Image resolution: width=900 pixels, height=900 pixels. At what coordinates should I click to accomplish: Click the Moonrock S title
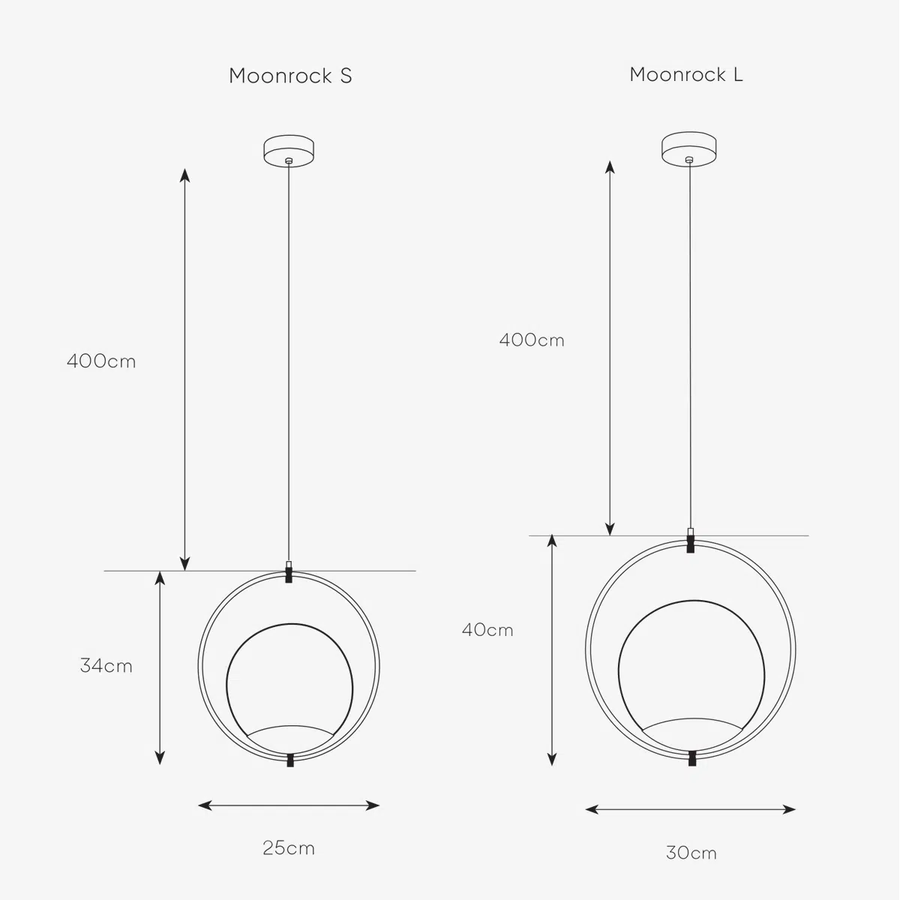[x=290, y=76]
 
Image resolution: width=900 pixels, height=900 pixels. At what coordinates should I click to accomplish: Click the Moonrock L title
[x=686, y=75]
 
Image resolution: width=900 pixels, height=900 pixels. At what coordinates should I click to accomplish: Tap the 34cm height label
[x=106, y=665]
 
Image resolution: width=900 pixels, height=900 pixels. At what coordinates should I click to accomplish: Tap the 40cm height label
[x=487, y=630]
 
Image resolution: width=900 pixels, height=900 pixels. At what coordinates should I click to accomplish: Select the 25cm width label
[x=289, y=847]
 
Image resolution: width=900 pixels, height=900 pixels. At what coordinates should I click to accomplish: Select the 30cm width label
[x=691, y=853]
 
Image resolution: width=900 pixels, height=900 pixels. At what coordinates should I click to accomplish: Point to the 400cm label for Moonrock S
[x=101, y=361]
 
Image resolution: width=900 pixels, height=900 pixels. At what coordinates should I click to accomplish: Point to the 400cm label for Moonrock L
[x=532, y=340]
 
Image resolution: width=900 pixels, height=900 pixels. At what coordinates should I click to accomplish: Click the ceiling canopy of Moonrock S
[x=289, y=151]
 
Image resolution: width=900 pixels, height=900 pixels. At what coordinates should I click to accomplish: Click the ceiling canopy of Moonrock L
[x=689, y=149]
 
